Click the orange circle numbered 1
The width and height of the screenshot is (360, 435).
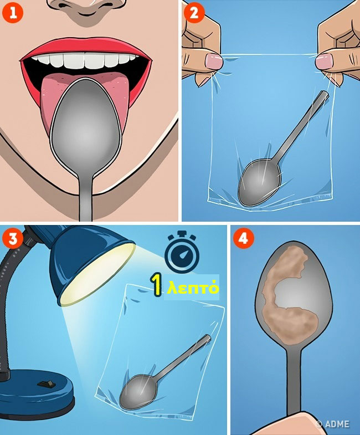tap(13, 13)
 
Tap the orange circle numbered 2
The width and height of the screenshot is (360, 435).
tap(194, 13)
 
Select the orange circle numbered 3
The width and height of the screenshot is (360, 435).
tap(13, 239)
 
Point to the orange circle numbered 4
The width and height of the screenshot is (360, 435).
tap(243, 239)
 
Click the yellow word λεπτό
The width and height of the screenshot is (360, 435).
tap(193, 288)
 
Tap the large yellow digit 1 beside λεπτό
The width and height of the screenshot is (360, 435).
tap(157, 285)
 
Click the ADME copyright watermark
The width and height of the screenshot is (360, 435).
tap(332, 424)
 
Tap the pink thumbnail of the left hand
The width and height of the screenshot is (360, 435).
tap(214, 62)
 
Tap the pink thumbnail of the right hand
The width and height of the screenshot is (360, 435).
tap(324, 62)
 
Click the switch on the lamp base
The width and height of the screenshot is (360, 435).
tap(47, 384)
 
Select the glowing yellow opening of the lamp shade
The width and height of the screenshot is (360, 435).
tap(97, 274)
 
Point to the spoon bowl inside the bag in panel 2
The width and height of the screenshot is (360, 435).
tap(259, 182)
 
